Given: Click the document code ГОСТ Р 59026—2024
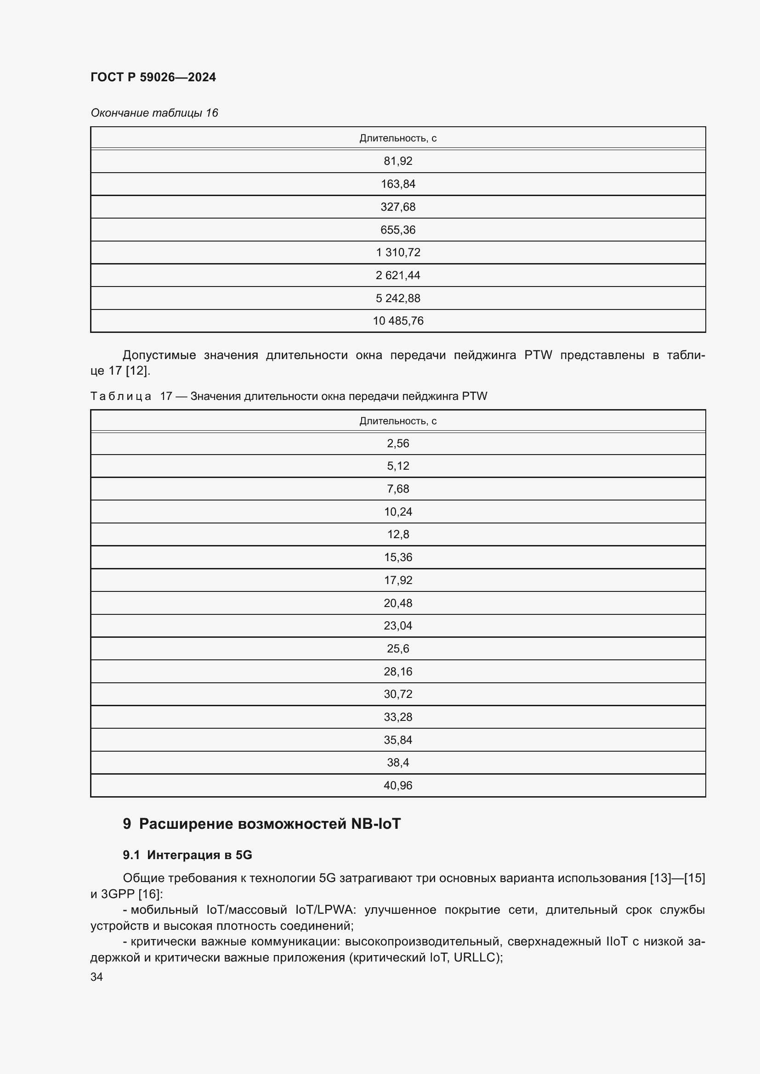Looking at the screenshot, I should coord(153,77).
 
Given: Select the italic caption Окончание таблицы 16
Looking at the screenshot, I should coord(154,113).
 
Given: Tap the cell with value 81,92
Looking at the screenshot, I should coord(398,161).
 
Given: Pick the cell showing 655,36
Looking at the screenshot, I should coord(398,230).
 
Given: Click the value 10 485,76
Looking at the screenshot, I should coord(398,321).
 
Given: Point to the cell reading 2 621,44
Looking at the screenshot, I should coord(398,275).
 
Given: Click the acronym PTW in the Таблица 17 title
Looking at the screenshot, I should coord(474,396).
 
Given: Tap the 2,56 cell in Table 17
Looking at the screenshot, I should coord(398,443).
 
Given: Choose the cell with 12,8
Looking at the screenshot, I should coord(398,534).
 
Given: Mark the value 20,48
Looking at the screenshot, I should coord(398,603).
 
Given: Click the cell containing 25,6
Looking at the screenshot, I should coord(398,648).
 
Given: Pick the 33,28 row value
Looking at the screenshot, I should coord(398,717).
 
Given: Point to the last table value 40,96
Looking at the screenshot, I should coord(398,785).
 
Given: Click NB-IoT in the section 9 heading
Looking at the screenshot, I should coord(376,824).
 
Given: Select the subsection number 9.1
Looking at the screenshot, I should coord(131,855).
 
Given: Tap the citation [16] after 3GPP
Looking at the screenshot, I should coord(149,894).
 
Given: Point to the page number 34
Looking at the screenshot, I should coord(96,977).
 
